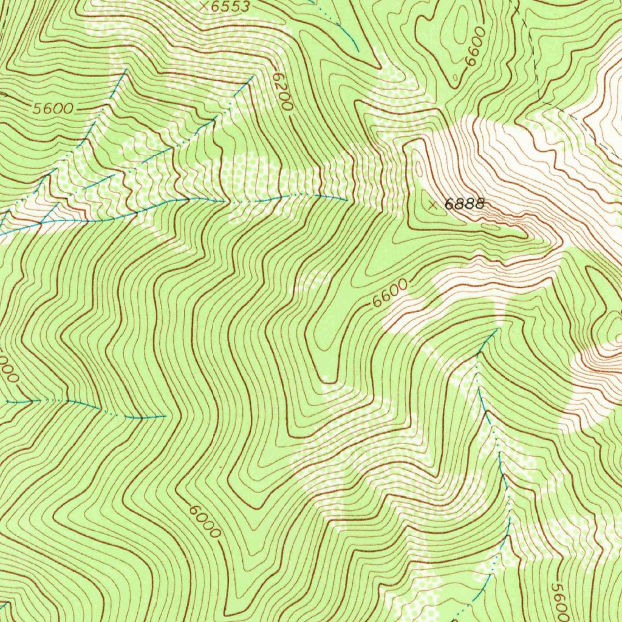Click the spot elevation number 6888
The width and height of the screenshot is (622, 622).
(x=465, y=205)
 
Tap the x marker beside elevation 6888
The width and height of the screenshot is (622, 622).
(x=432, y=205)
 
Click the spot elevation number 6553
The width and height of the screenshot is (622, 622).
(x=230, y=7)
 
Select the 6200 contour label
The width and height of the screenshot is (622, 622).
(x=282, y=91)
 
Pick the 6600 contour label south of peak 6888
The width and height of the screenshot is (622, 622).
(x=390, y=293)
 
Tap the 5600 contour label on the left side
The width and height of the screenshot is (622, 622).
(x=53, y=109)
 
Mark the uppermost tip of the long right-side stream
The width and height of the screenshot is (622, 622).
(x=497, y=329)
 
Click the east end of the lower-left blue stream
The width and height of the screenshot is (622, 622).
(x=166, y=417)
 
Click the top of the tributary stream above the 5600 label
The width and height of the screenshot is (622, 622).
(x=126, y=71)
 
